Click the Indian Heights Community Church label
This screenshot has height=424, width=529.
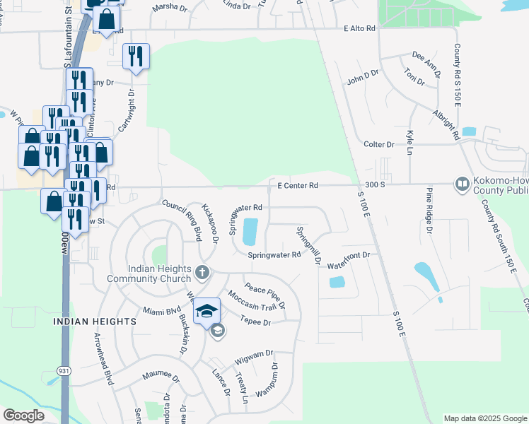coord(150,273)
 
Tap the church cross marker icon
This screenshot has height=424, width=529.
coord(202,272)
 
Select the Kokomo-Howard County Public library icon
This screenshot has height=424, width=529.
coord(463,184)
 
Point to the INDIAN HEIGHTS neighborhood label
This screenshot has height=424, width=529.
coord(94,322)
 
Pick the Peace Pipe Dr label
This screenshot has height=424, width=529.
coord(264,296)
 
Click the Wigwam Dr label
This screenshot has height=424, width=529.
coord(255,353)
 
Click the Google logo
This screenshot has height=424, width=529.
coord(24,416)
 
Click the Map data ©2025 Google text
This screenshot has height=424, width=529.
coord(484,418)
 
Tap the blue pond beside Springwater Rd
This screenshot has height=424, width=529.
coord(250,231)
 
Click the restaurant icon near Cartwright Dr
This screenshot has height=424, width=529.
coord(136,57)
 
